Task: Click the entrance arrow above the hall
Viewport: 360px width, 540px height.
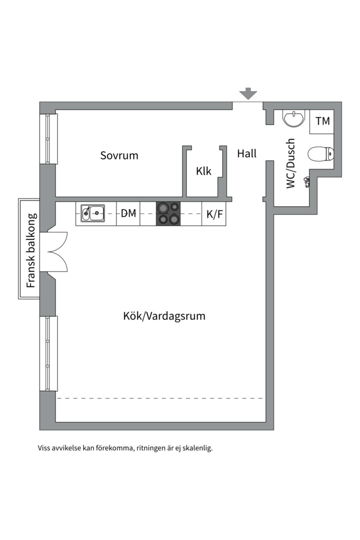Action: (x=247, y=93)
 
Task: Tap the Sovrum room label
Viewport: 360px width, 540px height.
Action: (x=119, y=155)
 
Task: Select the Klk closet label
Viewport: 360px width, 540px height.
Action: (x=203, y=171)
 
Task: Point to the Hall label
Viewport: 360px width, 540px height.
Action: (x=246, y=153)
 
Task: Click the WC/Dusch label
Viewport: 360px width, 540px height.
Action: (x=291, y=163)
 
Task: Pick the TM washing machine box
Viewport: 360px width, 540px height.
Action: (x=322, y=121)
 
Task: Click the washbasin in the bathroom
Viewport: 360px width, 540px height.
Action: (x=293, y=118)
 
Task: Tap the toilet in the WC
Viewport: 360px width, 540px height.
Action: (x=319, y=154)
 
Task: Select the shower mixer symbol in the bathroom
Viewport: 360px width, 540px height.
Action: (x=306, y=181)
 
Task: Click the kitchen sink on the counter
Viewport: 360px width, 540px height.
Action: (x=90, y=213)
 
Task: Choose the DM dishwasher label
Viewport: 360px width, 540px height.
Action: (x=128, y=213)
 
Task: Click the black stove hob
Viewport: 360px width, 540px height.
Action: (x=168, y=213)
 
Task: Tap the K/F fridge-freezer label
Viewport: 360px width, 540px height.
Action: (x=214, y=214)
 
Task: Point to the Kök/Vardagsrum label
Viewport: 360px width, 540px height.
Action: (x=164, y=316)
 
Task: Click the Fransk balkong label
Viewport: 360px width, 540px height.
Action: (x=31, y=250)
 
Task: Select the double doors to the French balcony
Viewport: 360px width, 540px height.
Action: (x=56, y=252)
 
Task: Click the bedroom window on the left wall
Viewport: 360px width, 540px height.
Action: (x=48, y=139)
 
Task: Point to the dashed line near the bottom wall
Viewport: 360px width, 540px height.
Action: (x=160, y=398)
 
